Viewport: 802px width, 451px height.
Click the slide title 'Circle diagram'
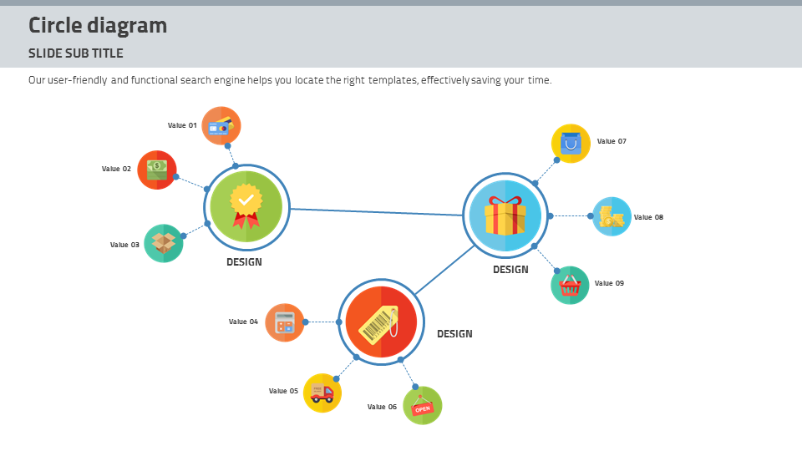98,26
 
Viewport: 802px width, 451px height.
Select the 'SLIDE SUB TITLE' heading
76,53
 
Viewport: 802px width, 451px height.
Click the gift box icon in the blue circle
505,215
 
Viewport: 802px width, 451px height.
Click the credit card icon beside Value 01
221,126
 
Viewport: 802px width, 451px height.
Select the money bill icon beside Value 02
157,170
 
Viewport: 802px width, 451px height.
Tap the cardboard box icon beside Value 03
164,243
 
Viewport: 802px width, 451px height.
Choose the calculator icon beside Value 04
285,322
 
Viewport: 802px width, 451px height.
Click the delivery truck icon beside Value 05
322,393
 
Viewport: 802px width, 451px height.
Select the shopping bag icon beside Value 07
571,143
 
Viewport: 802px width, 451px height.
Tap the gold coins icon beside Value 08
612,216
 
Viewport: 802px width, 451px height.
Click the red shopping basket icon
571,286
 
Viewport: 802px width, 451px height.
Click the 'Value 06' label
382,407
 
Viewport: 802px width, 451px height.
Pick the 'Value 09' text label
609,283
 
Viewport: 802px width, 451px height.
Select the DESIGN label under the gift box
510,270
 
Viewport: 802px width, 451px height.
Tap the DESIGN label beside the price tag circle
454,334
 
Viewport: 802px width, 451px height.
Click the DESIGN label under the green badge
244,262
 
